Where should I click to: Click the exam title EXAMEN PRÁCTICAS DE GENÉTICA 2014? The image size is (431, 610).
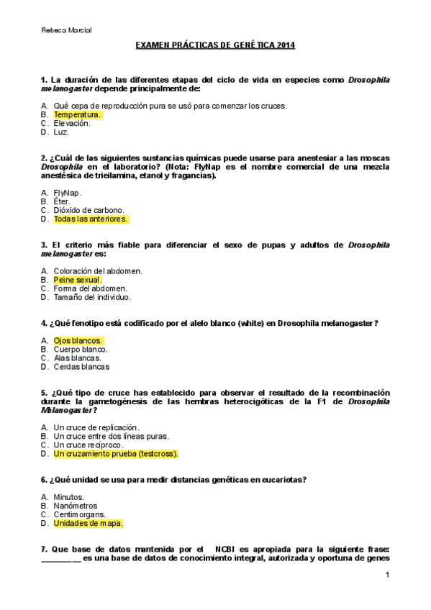coord(215,45)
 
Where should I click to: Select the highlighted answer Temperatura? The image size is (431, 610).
coord(77,114)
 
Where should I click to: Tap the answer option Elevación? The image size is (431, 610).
coord(72,123)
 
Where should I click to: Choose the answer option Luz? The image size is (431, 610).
coord(61,132)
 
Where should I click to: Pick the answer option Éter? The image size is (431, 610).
coord(63,201)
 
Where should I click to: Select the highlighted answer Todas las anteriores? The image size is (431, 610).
coord(91,219)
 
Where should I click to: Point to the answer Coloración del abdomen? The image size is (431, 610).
coord(98,271)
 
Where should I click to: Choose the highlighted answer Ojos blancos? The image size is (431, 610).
coord(78,340)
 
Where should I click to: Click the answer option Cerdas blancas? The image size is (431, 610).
coord(81,367)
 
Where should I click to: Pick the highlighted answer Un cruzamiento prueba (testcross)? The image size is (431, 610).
coord(115,454)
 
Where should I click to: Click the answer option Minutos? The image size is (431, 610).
coord(69,497)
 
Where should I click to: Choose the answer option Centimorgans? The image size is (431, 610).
coord(80,515)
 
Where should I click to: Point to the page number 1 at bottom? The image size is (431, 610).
coord(387,575)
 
